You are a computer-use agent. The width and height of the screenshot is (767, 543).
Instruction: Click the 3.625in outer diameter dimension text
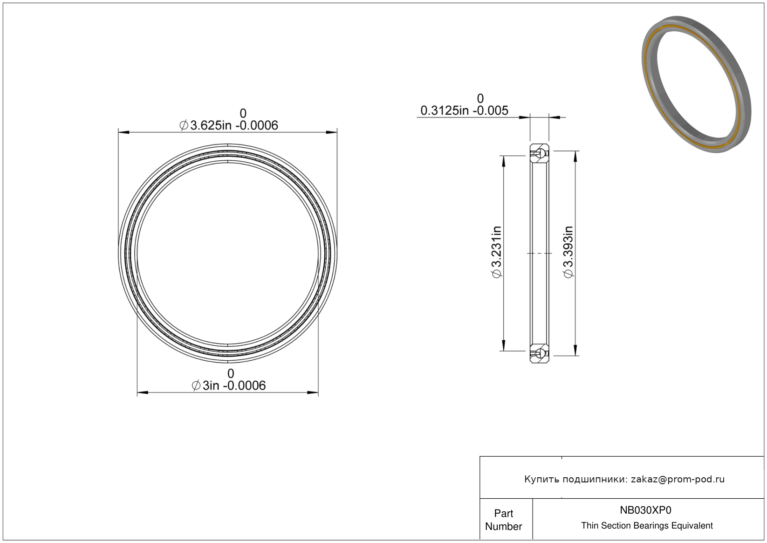228,125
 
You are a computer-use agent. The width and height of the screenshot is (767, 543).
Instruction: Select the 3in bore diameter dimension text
228,385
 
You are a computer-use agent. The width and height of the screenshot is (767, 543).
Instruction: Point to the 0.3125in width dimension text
464,110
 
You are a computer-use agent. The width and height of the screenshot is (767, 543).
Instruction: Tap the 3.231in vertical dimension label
496,252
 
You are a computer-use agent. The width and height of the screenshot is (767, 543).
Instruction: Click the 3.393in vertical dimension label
568,252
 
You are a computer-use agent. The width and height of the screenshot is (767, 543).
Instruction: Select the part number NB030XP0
645,510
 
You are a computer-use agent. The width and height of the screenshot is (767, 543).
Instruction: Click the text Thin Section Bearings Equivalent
647,526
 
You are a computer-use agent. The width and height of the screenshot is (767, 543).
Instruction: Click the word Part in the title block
503,513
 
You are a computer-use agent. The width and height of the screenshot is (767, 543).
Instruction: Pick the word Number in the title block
503,526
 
